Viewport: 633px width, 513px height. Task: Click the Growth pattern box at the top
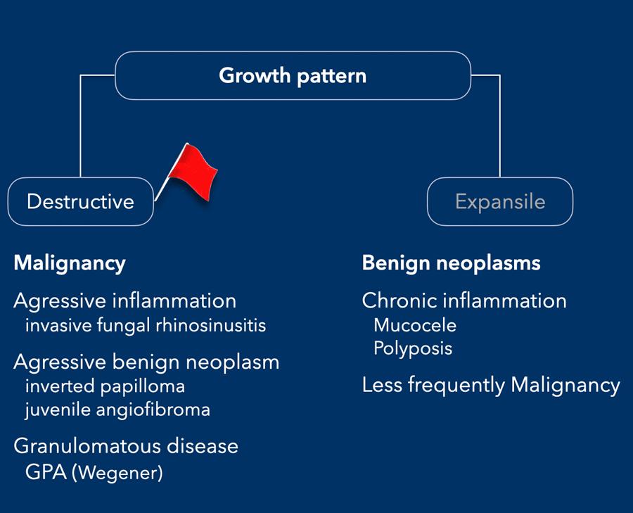[293, 75]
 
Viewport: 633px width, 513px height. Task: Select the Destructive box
[80, 201]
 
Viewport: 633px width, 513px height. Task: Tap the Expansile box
[500, 201]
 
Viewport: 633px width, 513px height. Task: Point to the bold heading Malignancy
[70, 263]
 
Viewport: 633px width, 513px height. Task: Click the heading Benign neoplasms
[451, 263]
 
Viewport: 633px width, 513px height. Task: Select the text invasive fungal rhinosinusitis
[146, 326]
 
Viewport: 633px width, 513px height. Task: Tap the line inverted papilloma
[105, 386]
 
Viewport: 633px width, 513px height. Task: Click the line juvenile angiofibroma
[117, 409]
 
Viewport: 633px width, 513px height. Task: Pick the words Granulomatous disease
[126, 446]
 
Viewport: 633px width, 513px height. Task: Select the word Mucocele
[415, 325]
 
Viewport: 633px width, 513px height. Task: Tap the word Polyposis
[413, 348]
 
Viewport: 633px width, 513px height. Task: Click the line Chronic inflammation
[464, 300]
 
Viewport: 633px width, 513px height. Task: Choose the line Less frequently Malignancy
[491, 385]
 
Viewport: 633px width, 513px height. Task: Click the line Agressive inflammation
[125, 300]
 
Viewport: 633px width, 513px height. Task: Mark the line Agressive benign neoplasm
[146, 362]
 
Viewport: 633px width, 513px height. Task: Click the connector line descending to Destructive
[81, 127]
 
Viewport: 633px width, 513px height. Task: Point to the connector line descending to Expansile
[500, 127]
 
